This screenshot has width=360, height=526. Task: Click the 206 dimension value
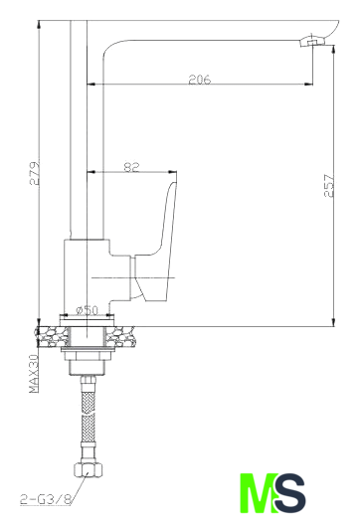[x=199, y=80]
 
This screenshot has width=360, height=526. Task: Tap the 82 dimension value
[x=131, y=167]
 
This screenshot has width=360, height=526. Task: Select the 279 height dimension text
[x=34, y=173]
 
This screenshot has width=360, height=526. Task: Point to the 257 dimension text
[x=329, y=185]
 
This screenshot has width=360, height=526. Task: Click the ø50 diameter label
[x=87, y=310]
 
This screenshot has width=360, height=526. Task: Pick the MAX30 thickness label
[x=34, y=373]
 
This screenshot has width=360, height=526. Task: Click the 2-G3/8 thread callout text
[x=46, y=499]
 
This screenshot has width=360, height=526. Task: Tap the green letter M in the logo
[x=259, y=493]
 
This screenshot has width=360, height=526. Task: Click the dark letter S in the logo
[x=290, y=493]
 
